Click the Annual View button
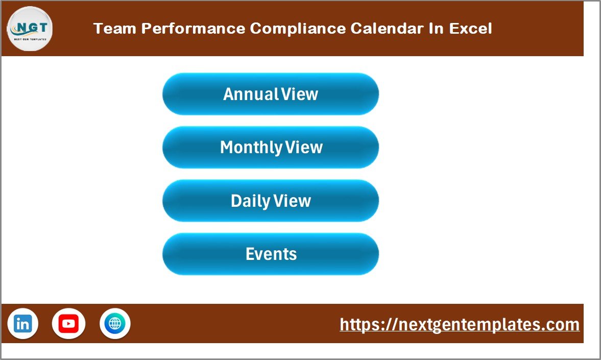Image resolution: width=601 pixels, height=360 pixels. click(x=271, y=94)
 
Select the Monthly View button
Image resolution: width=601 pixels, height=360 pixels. click(x=271, y=148)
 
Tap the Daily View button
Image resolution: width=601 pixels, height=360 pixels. click(x=271, y=201)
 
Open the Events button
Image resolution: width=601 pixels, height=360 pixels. click(x=271, y=254)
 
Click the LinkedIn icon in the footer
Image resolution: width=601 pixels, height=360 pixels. click(x=23, y=324)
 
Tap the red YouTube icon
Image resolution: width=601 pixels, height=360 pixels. click(x=68, y=324)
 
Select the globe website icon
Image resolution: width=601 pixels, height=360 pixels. click(x=115, y=324)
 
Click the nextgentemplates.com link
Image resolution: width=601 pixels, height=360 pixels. click(x=460, y=325)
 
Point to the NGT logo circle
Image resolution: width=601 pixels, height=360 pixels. click(x=30, y=29)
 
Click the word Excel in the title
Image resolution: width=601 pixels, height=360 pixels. click(x=470, y=29)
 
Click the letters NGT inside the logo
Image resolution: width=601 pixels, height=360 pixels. click(x=30, y=27)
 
